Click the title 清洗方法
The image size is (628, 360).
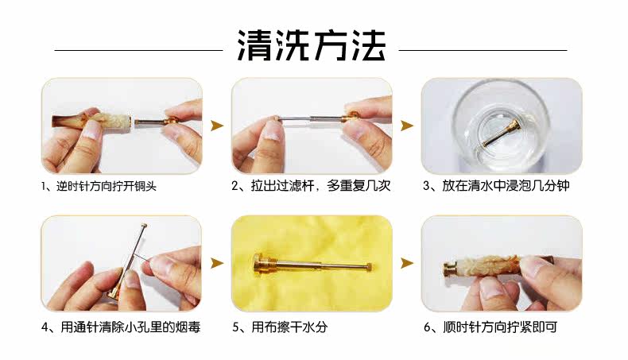point(312,45)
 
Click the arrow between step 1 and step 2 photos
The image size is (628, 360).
point(217,126)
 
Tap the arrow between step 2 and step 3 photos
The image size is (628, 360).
point(407,126)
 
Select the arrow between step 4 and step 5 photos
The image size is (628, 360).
point(217,263)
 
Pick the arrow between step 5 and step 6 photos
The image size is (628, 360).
point(407,263)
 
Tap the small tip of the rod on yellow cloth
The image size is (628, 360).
point(368,266)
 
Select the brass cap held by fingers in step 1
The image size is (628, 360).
point(173,120)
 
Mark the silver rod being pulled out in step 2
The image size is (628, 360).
point(311,118)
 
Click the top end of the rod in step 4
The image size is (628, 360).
point(144,226)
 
